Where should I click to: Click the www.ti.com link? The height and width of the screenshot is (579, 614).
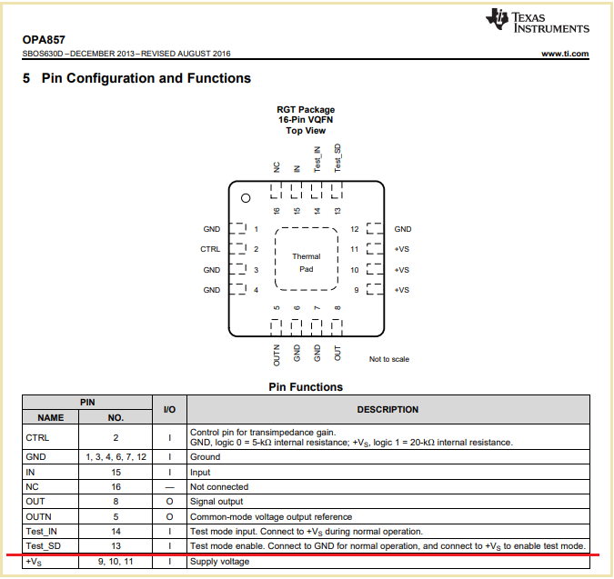[x=565, y=55]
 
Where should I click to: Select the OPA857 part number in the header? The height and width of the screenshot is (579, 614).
[x=44, y=40]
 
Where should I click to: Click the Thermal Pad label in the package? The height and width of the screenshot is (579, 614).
[x=306, y=263]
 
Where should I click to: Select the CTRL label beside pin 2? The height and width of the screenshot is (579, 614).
[x=210, y=249]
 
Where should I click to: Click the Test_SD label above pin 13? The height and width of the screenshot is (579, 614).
[x=337, y=158]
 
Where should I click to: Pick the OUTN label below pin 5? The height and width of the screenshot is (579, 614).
[x=277, y=355]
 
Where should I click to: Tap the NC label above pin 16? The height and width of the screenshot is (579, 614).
[x=277, y=166]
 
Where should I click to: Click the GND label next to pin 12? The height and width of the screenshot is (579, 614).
[x=403, y=229]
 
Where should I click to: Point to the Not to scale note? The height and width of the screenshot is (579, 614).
[x=389, y=359]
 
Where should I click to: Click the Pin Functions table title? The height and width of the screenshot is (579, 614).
[x=306, y=387]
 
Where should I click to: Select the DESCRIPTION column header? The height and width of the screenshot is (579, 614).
[x=388, y=410]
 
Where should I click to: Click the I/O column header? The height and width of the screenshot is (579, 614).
[x=169, y=410]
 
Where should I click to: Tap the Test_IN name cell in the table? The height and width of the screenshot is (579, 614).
[x=43, y=531]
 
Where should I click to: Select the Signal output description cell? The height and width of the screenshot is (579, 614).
[x=219, y=501]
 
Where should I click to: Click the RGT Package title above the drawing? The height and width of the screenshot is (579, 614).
[x=306, y=109]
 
